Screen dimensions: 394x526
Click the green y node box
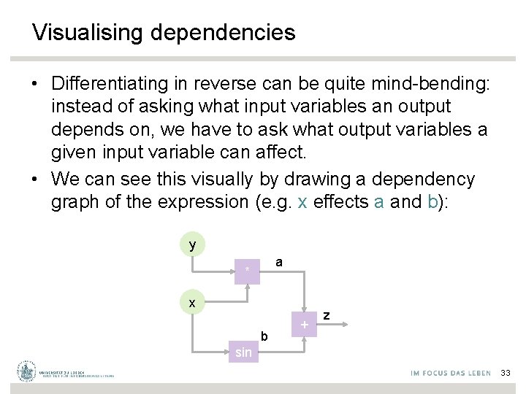pyautogui.click(x=193, y=244)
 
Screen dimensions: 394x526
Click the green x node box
pyautogui.click(x=193, y=301)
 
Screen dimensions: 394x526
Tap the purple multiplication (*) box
pyautogui.click(x=248, y=271)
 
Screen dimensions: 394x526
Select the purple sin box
pyautogui.click(x=243, y=352)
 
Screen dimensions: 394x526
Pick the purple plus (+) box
pyautogui.click(x=305, y=323)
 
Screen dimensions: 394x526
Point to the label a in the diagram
pyautogui.click(x=279, y=261)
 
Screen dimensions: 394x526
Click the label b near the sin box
pyautogui.click(x=264, y=336)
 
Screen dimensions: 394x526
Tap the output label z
pyautogui.click(x=327, y=315)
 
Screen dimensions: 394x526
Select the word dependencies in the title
pyautogui.click(x=223, y=33)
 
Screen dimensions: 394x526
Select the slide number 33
pyautogui.click(x=506, y=373)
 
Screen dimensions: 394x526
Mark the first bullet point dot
pyautogui.click(x=35, y=85)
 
